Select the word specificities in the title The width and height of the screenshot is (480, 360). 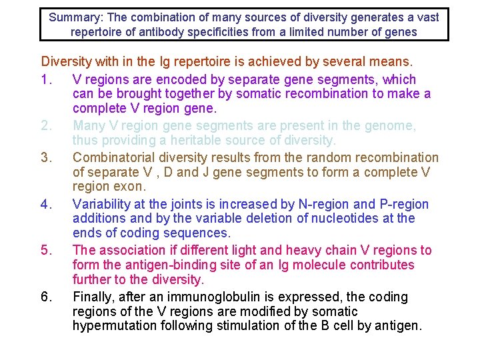point(237,32)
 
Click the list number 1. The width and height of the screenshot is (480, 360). point(45,79)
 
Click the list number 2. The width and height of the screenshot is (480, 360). point(45,125)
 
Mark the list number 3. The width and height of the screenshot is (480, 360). point(45,157)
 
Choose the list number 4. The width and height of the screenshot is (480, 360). point(45,204)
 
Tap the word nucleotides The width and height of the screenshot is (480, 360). point(327,219)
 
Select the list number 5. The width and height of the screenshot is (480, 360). point(45,250)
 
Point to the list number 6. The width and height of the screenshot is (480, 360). point(45,297)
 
